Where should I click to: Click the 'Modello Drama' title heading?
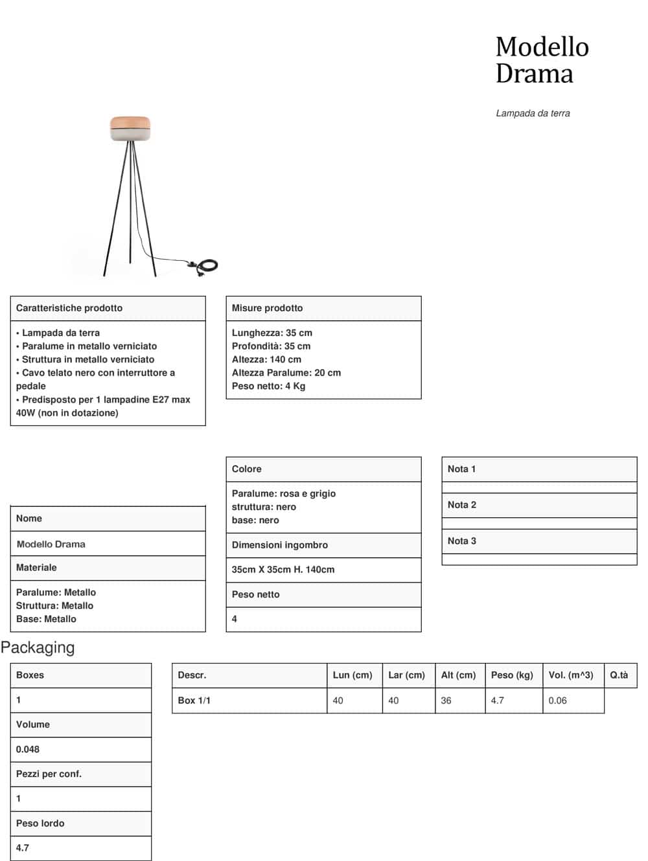tap(542, 60)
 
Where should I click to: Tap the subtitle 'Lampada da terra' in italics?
tap(533, 113)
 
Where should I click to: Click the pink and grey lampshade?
tap(130, 128)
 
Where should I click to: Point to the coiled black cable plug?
tap(207, 265)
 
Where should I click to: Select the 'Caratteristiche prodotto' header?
tap(69, 308)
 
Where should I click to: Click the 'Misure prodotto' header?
tap(267, 308)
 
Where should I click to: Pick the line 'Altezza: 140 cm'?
tap(266, 359)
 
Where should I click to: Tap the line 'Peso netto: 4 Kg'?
tap(268, 386)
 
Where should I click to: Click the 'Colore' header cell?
tap(247, 469)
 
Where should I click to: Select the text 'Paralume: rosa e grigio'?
tap(284, 493)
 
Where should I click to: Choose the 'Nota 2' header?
tap(462, 505)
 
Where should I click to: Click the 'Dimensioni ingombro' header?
tap(280, 545)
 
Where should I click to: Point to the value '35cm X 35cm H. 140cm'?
tap(283, 570)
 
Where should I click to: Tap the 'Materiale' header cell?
tap(36, 568)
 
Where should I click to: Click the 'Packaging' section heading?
tap(38, 647)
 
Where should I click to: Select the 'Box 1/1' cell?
tap(194, 700)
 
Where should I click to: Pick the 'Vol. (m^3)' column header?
tap(571, 675)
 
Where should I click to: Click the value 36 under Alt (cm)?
tap(446, 700)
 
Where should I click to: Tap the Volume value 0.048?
tap(28, 749)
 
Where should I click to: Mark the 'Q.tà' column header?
tap(619, 675)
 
